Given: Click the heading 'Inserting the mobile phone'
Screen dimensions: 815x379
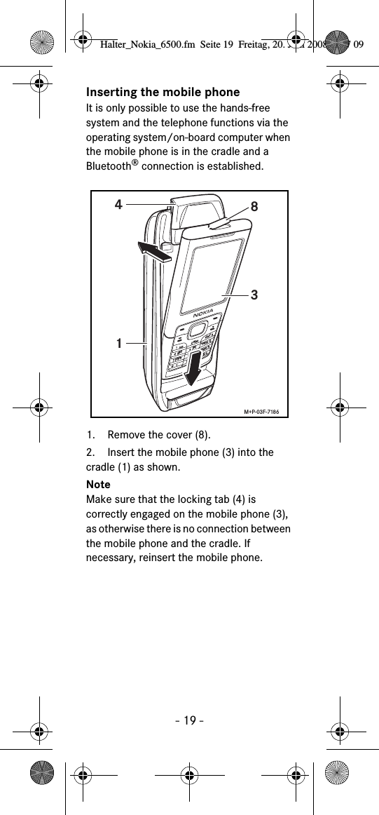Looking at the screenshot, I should [163, 93].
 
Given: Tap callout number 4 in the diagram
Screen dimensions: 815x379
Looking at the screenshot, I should [119, 206].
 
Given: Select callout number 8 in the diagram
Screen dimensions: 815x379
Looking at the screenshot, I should [254, 207].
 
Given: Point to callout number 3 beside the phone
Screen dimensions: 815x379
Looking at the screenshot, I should [254, 295].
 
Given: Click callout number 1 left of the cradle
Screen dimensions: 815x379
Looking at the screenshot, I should [120, 344].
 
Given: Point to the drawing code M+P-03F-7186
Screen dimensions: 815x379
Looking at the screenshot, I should [263, 410].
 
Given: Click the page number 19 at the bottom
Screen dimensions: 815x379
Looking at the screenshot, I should [189, 720].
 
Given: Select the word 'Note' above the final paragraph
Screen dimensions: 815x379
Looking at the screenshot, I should [98, 485].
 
